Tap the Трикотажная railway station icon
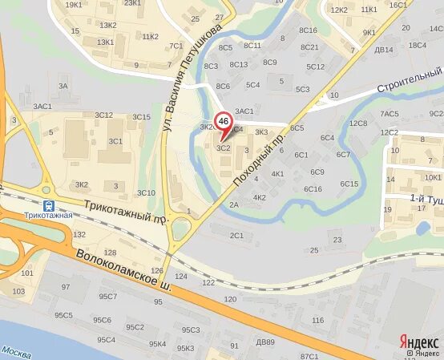pos(49,204)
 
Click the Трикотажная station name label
pos(48,216)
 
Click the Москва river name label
pos(15,351)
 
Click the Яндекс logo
pos(419,340)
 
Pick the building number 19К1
pos(73,5)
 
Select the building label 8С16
pos(309,30)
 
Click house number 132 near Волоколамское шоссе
pos(79,235)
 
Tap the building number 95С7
pos(107,297)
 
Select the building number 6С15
pos(349,184)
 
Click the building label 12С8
pos(357,123)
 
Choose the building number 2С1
pos(236,236)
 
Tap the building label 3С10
pos(146,192)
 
